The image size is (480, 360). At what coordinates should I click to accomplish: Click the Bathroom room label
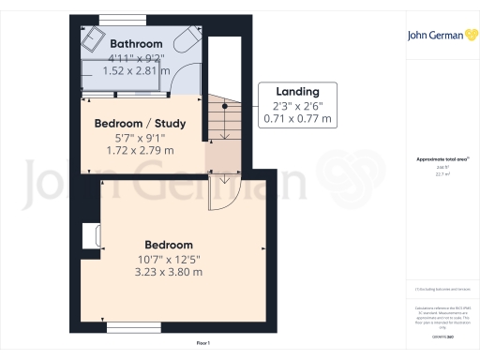136,44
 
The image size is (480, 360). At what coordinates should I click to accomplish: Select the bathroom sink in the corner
94,39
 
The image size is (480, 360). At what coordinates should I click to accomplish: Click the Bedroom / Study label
141,123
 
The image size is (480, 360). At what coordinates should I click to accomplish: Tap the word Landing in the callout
292,92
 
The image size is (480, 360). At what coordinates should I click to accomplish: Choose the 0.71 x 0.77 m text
292,119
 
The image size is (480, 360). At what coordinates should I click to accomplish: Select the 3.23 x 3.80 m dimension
169,272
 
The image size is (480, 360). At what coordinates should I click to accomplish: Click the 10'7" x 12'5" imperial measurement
169,259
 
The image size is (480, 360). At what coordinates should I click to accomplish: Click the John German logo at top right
441,36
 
